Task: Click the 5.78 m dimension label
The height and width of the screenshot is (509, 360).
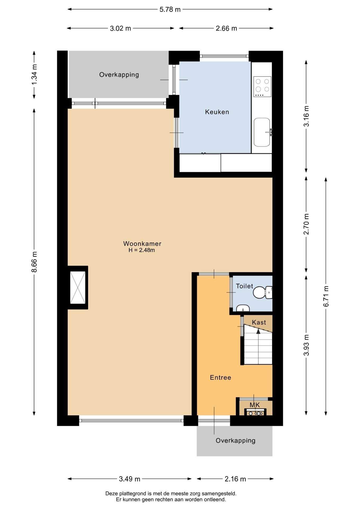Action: click(170, 10)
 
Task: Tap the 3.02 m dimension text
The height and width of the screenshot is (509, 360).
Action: click(121, 28)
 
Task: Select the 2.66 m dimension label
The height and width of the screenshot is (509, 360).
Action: click(226, 28)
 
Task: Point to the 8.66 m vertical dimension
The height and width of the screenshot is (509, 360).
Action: click(34, 262)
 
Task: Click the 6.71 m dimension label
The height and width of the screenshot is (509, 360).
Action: click(326, 296)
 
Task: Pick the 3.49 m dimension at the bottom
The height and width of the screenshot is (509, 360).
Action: click(130, 479)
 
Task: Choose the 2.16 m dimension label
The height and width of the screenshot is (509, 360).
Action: click(235, 479)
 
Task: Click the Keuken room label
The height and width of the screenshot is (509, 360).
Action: click(217, 112)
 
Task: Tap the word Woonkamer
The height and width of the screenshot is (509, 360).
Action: click(142, 244)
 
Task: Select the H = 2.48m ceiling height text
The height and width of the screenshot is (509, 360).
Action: click(142, 250)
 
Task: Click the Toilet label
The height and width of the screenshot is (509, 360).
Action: click(244, 286)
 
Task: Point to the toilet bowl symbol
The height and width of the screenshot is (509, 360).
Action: click(262, 292)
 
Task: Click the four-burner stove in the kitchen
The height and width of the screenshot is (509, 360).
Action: click(262, 87)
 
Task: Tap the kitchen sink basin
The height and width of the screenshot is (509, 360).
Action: click(262, 132)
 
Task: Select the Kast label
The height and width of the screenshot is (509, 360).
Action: click(259, 322)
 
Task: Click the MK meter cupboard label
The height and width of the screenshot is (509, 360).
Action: click(255, 405)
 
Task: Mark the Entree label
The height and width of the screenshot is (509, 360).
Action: click(221, 378)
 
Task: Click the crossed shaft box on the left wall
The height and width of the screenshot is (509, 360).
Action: click(78, 288)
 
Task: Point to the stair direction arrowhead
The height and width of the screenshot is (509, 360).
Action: click(258, 331)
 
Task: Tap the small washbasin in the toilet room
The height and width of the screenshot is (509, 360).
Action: click(243, 308)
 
